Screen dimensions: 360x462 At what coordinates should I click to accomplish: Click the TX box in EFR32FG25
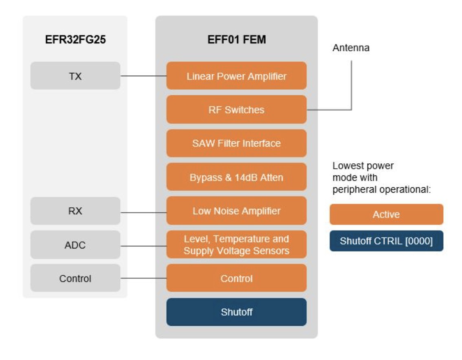pos(75,76)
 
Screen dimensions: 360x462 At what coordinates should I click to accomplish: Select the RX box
pos(75,211)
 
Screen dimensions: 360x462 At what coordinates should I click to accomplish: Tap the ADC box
pos(75,245)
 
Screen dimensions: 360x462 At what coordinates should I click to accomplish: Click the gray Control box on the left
pos(75,278)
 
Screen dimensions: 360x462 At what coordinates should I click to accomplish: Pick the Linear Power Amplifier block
pos(236,76)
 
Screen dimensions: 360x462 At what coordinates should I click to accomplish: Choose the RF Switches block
pos(236,110)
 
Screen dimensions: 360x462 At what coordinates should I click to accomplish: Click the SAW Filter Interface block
pos(236,143)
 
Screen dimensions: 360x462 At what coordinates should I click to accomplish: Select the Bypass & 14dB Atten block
pos(236,177)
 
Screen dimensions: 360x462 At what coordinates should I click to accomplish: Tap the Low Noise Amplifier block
pos(236,211)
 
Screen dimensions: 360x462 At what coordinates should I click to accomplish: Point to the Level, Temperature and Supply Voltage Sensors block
pos(236,245)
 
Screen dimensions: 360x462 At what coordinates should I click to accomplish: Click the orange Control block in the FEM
pos(236,278)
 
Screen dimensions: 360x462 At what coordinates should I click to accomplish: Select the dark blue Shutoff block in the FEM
pos(236,312)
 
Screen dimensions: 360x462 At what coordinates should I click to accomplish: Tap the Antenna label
pos(351,48)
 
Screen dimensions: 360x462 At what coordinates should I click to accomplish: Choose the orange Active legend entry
pos(386,214)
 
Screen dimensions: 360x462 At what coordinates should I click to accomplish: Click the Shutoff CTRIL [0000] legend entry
pos(386,241)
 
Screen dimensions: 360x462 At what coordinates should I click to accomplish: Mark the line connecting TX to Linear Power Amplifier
pos(143,76)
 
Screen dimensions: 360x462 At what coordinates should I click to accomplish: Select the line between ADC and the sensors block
pos(143,246)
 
